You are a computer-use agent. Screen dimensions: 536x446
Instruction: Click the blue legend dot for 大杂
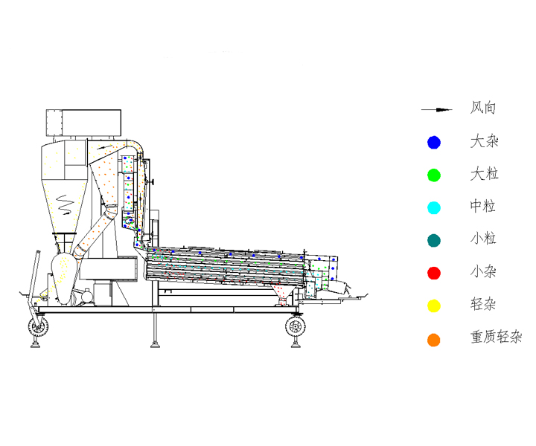[434, 142]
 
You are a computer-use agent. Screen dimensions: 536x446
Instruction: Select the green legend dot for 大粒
[434, 175]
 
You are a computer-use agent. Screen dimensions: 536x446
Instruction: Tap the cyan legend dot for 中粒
[434, 208]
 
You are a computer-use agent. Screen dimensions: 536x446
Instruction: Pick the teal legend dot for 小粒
[434, 241]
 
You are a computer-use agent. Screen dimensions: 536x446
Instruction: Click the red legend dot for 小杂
[434, 273]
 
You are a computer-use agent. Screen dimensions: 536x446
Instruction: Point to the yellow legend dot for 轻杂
[434, 306]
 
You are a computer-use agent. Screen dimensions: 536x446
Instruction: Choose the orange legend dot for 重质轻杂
[434, 340]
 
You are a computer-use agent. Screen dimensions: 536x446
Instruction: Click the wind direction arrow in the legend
[436, 109]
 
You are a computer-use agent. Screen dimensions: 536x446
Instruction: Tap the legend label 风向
[482, 108]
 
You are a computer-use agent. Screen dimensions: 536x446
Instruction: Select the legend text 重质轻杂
[496, 337]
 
